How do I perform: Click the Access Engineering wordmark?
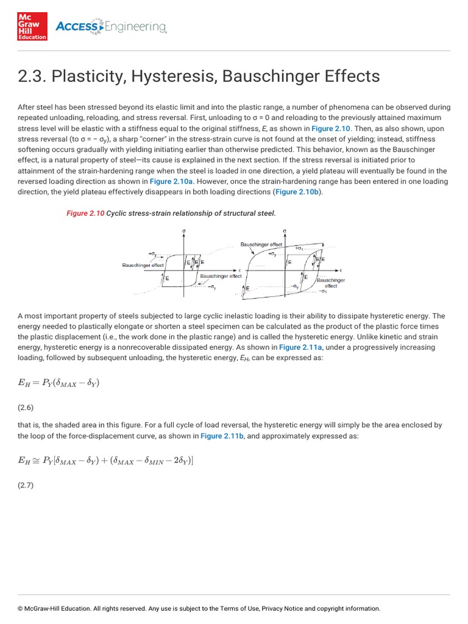110,26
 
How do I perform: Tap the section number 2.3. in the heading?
31,76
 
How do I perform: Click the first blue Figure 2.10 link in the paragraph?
330,129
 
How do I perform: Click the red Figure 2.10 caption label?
85,213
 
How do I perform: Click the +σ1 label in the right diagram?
300,249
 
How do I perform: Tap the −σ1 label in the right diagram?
323,291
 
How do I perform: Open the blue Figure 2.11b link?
219,436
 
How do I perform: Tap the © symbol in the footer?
20,608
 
